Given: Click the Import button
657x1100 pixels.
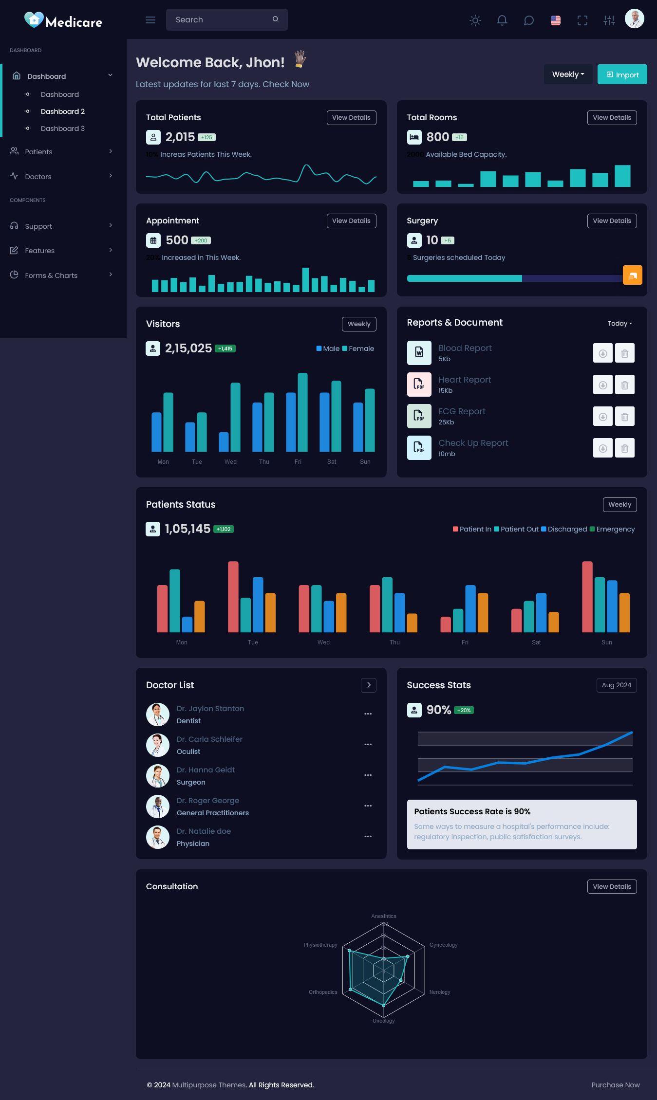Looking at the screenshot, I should click(x=622, y=74).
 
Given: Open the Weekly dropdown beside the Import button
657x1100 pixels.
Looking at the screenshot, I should click(x=568, y=74).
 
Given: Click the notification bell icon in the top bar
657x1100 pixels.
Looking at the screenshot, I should click(x=502, y=20).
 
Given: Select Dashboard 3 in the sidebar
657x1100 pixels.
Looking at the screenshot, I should click(x=62, y=128).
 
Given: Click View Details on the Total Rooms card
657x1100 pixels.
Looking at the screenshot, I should click(x=612, y=118).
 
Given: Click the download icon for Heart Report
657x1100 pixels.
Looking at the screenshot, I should click(x=602, y=385).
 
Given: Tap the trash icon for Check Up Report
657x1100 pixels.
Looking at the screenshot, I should click(x=624, y=448).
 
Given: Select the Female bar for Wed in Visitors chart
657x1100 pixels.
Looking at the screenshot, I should click(x=235, y=417).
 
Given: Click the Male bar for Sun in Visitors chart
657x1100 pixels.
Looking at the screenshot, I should click(x=358, y=427).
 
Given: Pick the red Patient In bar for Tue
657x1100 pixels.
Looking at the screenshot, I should click(x=233, y=597).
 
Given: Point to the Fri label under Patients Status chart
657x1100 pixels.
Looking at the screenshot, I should click(x=465, y=642).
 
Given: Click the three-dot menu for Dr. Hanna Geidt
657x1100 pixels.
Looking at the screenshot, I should click(x=368, y=775).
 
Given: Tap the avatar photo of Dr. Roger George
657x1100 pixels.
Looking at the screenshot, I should click(x=158, y=807).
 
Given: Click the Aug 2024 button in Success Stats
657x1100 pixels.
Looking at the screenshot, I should click(x=616, y=685).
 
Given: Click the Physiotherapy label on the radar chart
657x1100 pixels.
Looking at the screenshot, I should click(x=320, y=945).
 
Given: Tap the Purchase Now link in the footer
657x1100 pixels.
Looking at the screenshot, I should click(x=615, y=1085).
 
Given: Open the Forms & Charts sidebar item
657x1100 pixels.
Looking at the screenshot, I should click(x=51, y=275).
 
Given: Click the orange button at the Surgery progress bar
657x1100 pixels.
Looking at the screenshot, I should click(x=632, y=275).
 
